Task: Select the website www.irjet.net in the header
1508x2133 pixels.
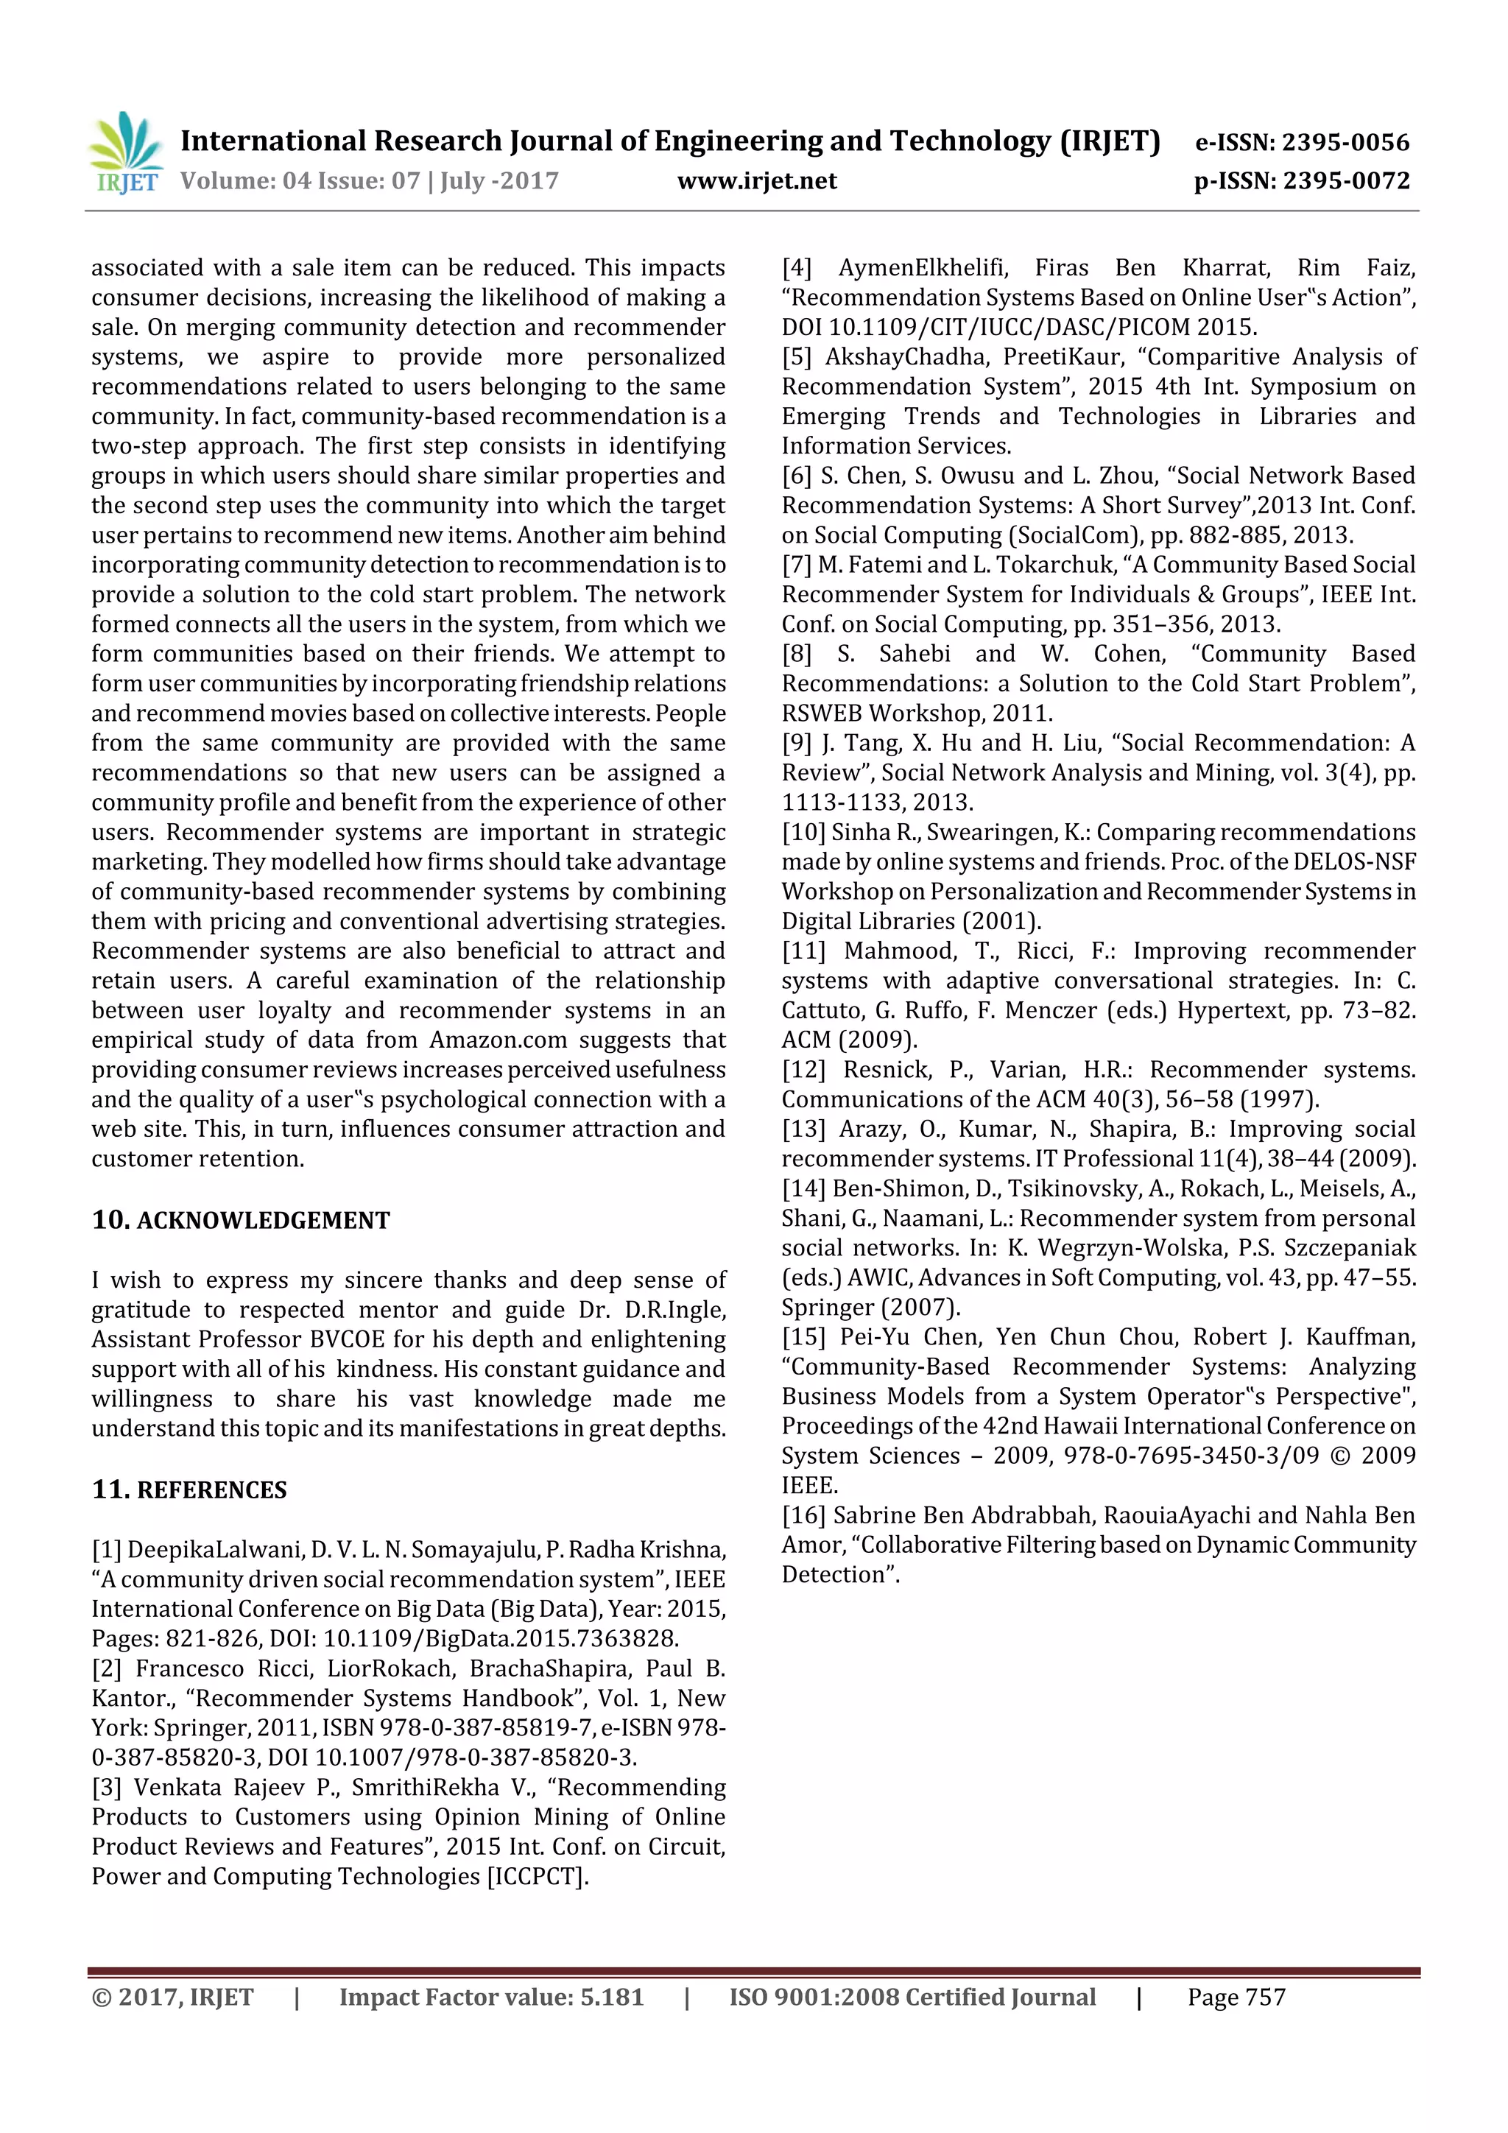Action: click(x=756, y=181)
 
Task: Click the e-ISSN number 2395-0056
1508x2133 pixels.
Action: click(x=1345, y=142)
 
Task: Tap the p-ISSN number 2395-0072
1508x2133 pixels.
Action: click(x=1346, y=181)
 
